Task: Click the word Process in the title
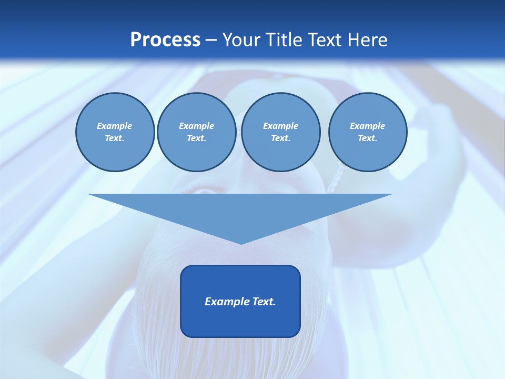click(x=165, y=40)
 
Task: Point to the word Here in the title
click(x=368, y=40)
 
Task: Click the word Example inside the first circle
click(x=115, y=126)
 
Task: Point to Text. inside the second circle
click(x=196, y=138)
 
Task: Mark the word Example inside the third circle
click(x=280, y=126)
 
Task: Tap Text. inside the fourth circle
click(x=368, y=138)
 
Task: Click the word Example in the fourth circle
click(x=368, y=126)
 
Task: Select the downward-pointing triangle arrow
click(x=240, y=211)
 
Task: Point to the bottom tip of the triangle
click(x=241, y=243)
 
